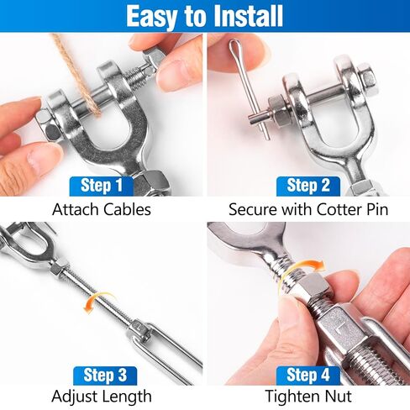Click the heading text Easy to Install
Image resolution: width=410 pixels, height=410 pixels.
point(205,15)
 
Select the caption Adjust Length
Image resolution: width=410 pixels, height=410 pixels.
point(102,397)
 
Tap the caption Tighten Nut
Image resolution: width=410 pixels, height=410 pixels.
point(307,397)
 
